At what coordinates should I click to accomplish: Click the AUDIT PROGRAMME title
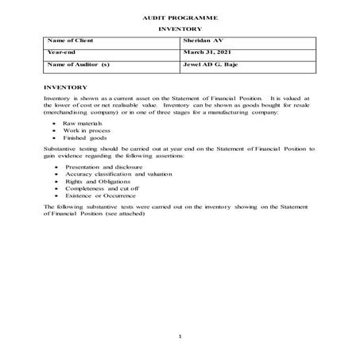click(180, 16)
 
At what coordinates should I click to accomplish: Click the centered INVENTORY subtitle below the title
click(180, 29)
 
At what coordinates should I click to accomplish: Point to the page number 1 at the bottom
click(180, 337)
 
